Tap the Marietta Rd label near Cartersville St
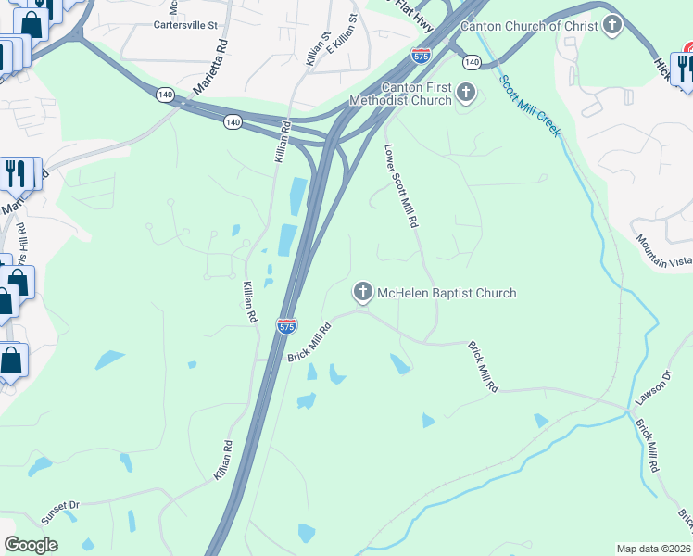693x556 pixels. [209, 69]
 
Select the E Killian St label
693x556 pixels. [342, 42]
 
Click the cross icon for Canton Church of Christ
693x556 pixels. [611, 25]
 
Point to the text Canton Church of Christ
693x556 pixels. [529, 26]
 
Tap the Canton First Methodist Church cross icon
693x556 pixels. [466, 93]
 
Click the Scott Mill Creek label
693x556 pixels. [530, 105]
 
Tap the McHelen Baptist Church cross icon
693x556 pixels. [363, 293]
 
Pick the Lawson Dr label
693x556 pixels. [651, 388]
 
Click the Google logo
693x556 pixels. [31, 545]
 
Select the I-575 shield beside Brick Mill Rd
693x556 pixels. [286, 326]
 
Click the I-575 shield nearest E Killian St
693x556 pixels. [421, 56]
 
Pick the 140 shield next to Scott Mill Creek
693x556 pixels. [472, 62]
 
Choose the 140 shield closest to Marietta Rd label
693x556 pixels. [165, 94]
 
